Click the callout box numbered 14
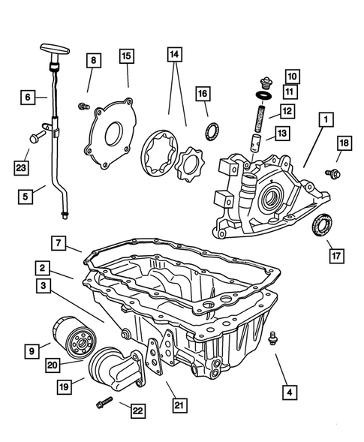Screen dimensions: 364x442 pyautogui.click(x=175, y=54)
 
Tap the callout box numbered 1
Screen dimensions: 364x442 pyautogui.click(x=326, y=119)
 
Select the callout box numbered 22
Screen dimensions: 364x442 pyautogui.click(x=138, y=410)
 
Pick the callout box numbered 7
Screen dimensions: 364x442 pyautogui.click(x=59, y=242)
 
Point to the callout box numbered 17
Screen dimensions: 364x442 pyautogui.click(x=336, y=256)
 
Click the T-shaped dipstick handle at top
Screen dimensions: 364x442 pyautogui.click(x=55, y=50)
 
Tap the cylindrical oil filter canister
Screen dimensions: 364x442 pyautogui.click(x=74, y=338)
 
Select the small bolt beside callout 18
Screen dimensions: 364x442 pyautogui.click(x=333, y=173)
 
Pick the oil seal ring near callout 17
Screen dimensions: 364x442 pyautogui.click(x=322, y=225)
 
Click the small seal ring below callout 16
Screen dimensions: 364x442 pyautogui.click(x=212, y=131)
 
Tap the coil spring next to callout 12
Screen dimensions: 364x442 pyautogui.click(x=260, y=118)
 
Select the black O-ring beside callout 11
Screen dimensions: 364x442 pyautogui.click(x=264, y=95)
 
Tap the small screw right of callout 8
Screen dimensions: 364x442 pyautogui.click(x=83, y=107)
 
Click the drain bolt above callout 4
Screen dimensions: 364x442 pyautogui.click(x=272, y=338)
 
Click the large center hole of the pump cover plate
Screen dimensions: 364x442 pyautogui.click(x=114, y=134)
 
